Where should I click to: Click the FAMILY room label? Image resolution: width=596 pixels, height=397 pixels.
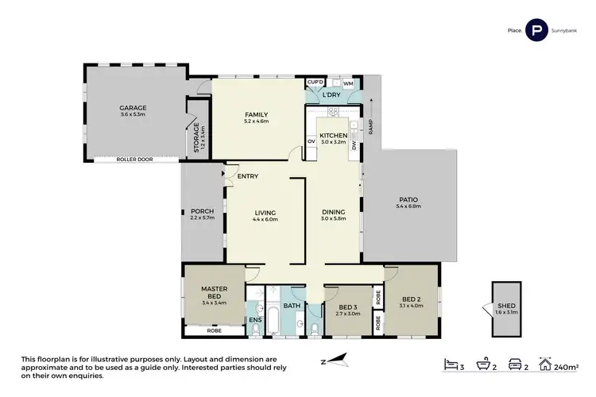pos(257,114)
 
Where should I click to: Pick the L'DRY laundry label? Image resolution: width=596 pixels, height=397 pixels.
pos(331,95)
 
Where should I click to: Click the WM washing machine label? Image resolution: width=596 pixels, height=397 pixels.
pos(348,82)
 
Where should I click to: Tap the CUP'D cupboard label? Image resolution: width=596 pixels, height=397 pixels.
pos(315,82)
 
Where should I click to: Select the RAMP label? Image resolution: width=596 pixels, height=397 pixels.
pos(370,128)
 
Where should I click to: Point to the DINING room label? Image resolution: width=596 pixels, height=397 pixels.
pos(333,212)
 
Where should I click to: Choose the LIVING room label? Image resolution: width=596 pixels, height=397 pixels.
pos(265,212)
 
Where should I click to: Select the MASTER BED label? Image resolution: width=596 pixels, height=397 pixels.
pos(215,293)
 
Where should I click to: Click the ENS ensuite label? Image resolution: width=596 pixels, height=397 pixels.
pos(255,320)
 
